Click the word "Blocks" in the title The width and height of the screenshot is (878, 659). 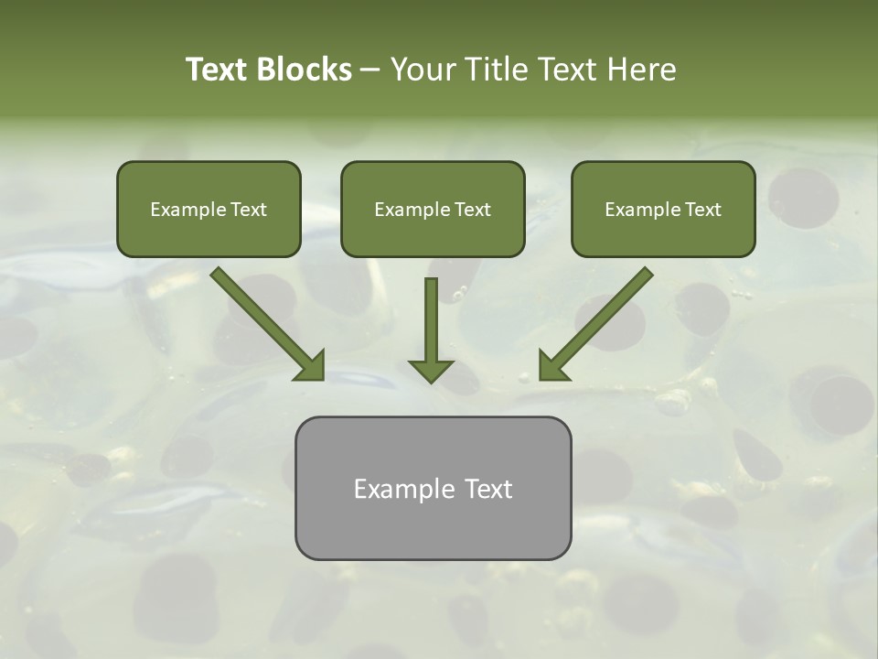pyautogui.click(x=305, y=70)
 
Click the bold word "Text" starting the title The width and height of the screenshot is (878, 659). pyautogui.click(x=219, y=70)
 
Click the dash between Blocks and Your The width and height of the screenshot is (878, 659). pyautogui.click(x=370, y=70)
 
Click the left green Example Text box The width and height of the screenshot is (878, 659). pyautogui.click(x=209, y=209)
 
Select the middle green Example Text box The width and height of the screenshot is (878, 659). pyautogui.click(x=433, y=209)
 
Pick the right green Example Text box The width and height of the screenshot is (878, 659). pyautogui.click(x=663, y=209)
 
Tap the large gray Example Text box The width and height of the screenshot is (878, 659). pyautogui.click(x=433, y=488)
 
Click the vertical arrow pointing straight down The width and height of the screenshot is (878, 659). pyautogui.click(x=431, y=325)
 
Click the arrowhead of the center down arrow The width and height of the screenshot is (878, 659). pyautogui.click(x=431, y=369)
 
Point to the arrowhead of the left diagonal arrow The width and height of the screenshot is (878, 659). pyautogui.click(x=310, y=365)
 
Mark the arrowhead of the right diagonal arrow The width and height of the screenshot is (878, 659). pyautogui.click(x=553, y=365)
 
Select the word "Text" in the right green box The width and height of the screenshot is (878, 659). pyautogui.click(x=702, y=210)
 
